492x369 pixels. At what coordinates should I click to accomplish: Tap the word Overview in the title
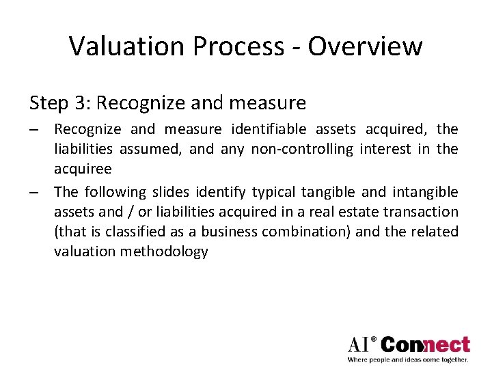click(365, 46)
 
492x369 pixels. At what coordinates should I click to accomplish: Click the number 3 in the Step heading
click(81, 103)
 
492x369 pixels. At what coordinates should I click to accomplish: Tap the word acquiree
click(82, 169)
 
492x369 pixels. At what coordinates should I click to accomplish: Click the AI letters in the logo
click(360, 344)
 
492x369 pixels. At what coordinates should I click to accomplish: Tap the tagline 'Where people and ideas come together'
click(408, 359)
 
